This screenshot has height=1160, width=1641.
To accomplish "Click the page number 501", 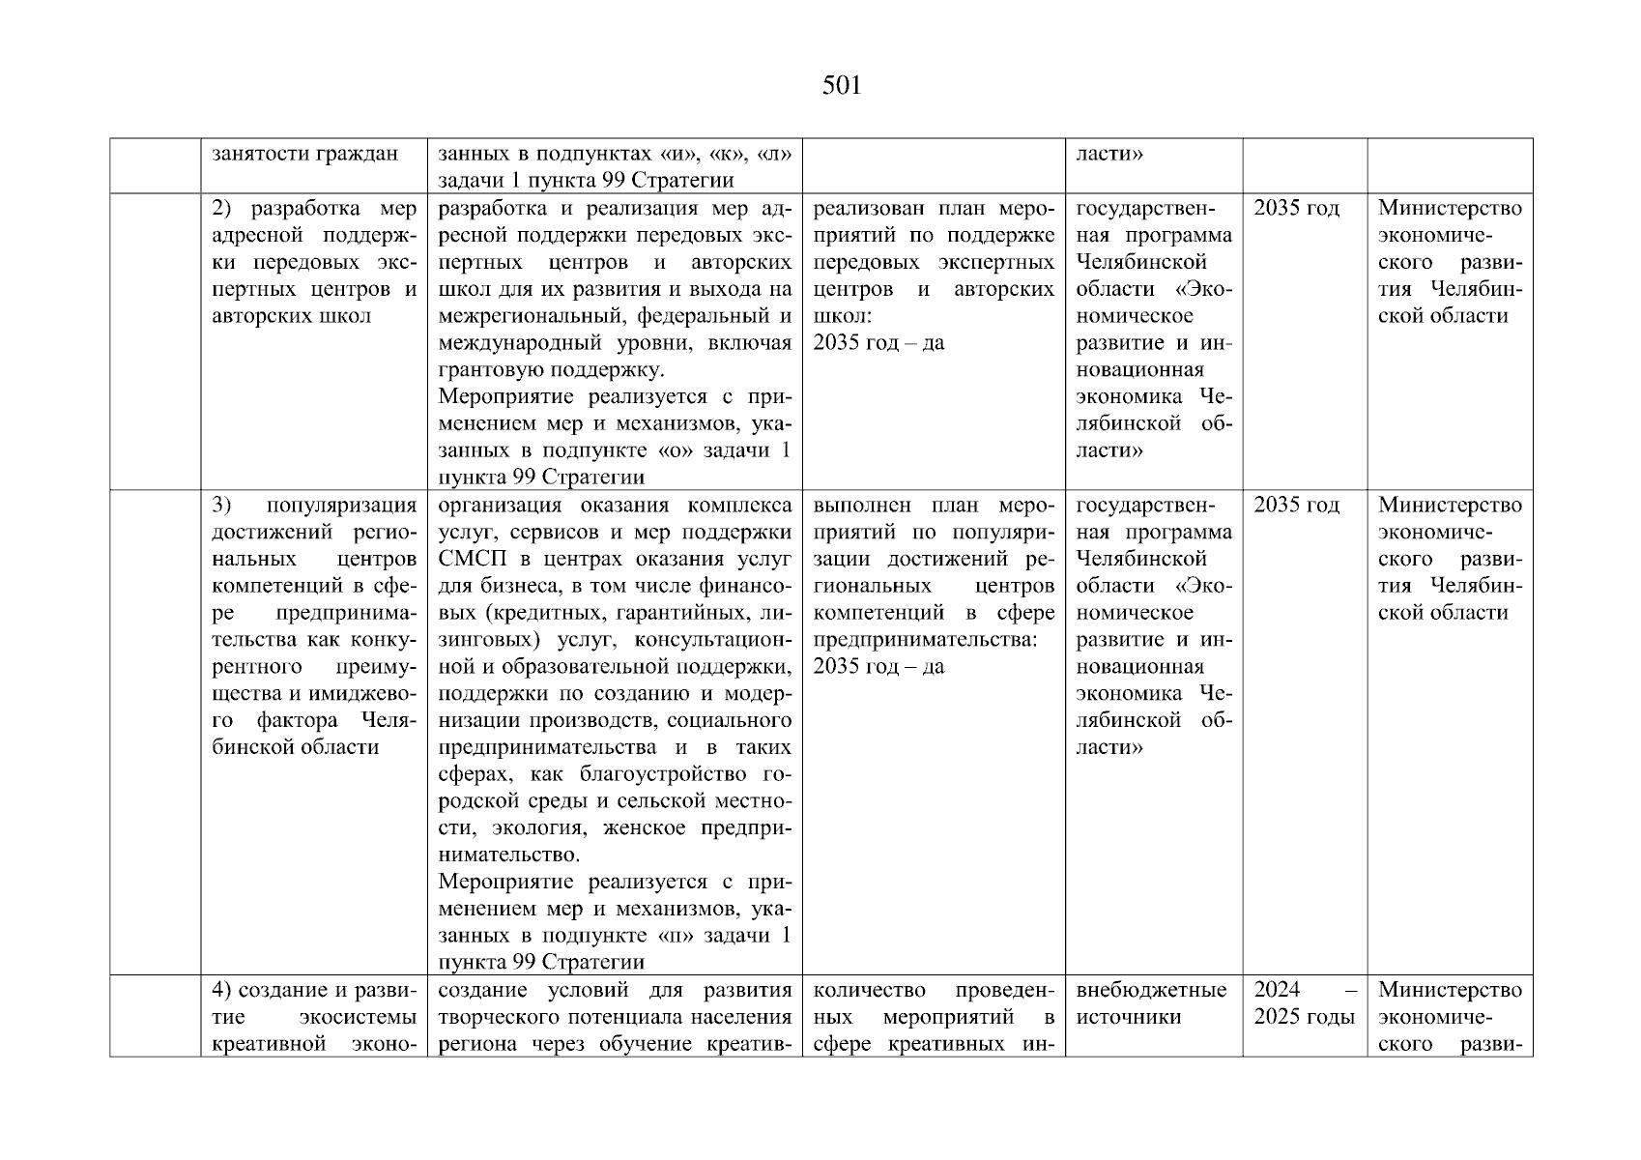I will (x=841, y=86).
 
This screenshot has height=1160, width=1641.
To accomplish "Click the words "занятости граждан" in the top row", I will (x=304, y=154).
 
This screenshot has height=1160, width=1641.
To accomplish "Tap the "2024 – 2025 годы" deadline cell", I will (x=1305, y=1003).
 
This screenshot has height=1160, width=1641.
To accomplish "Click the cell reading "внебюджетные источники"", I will (x=1151, y=1003).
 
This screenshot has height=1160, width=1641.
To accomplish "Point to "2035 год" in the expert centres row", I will (x=1296, y=208).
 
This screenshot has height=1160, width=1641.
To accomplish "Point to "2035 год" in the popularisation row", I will (x=1296, y=505).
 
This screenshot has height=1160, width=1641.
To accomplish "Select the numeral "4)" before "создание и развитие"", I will (x=221, y=990).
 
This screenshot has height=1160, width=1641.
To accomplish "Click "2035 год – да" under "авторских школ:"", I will (x=878, y=342).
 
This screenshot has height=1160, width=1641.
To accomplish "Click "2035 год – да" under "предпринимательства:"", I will (x=878, y=666).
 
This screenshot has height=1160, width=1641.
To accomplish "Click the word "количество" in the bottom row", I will (x=869, y=990).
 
